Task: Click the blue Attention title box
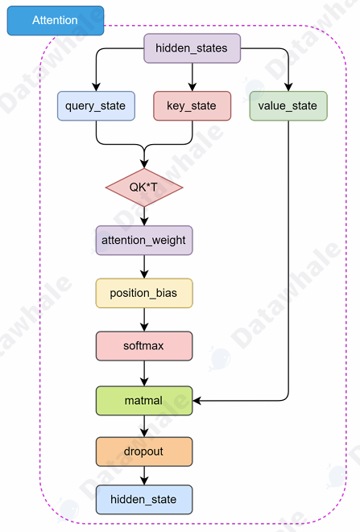[x=56, y=20]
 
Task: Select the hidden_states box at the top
[x=192, y=48]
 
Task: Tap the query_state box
[x=96, y=106]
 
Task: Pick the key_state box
[x=192, y=106]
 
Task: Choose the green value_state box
[x=288, y=106]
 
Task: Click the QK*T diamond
[x=144, y=187]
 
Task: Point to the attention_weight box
[x=144, y=240]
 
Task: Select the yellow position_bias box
[x=144, y=293]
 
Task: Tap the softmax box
[x=144, y=346]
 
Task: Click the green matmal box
[x=144, y=400]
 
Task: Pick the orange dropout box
[x=144, y=452]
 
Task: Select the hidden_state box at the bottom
[x=144, y=500]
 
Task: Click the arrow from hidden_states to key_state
[x=192, y=77]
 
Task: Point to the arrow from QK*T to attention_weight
[x=144, y=216]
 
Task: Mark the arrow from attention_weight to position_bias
[x=144, y=266]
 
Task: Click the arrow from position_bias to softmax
[x=144, y=320]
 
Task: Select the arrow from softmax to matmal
[x=144, y=373]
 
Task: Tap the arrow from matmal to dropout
[x=144, y=427]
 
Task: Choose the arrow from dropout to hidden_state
[x=144, y=476]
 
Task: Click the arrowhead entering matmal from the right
[x=198, y=400]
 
